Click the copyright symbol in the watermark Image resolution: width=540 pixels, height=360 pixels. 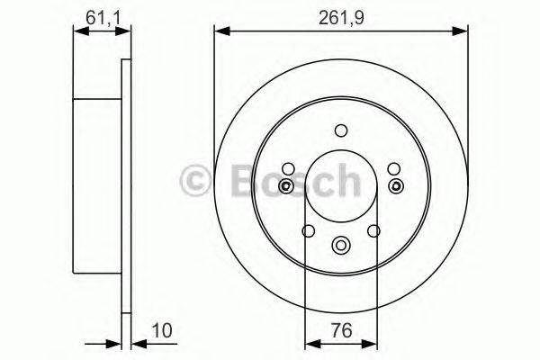(x=197, y=184)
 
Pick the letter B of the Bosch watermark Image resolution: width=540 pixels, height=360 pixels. (x=235, y=183)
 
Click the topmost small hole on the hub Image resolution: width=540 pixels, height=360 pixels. (x=339, y=130)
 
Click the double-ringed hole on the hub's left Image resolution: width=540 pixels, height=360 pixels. (x=285, y=186)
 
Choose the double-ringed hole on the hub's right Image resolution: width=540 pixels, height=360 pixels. (x=395, y=186)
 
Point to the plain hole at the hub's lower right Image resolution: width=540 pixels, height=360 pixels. (x=374, y=231)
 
